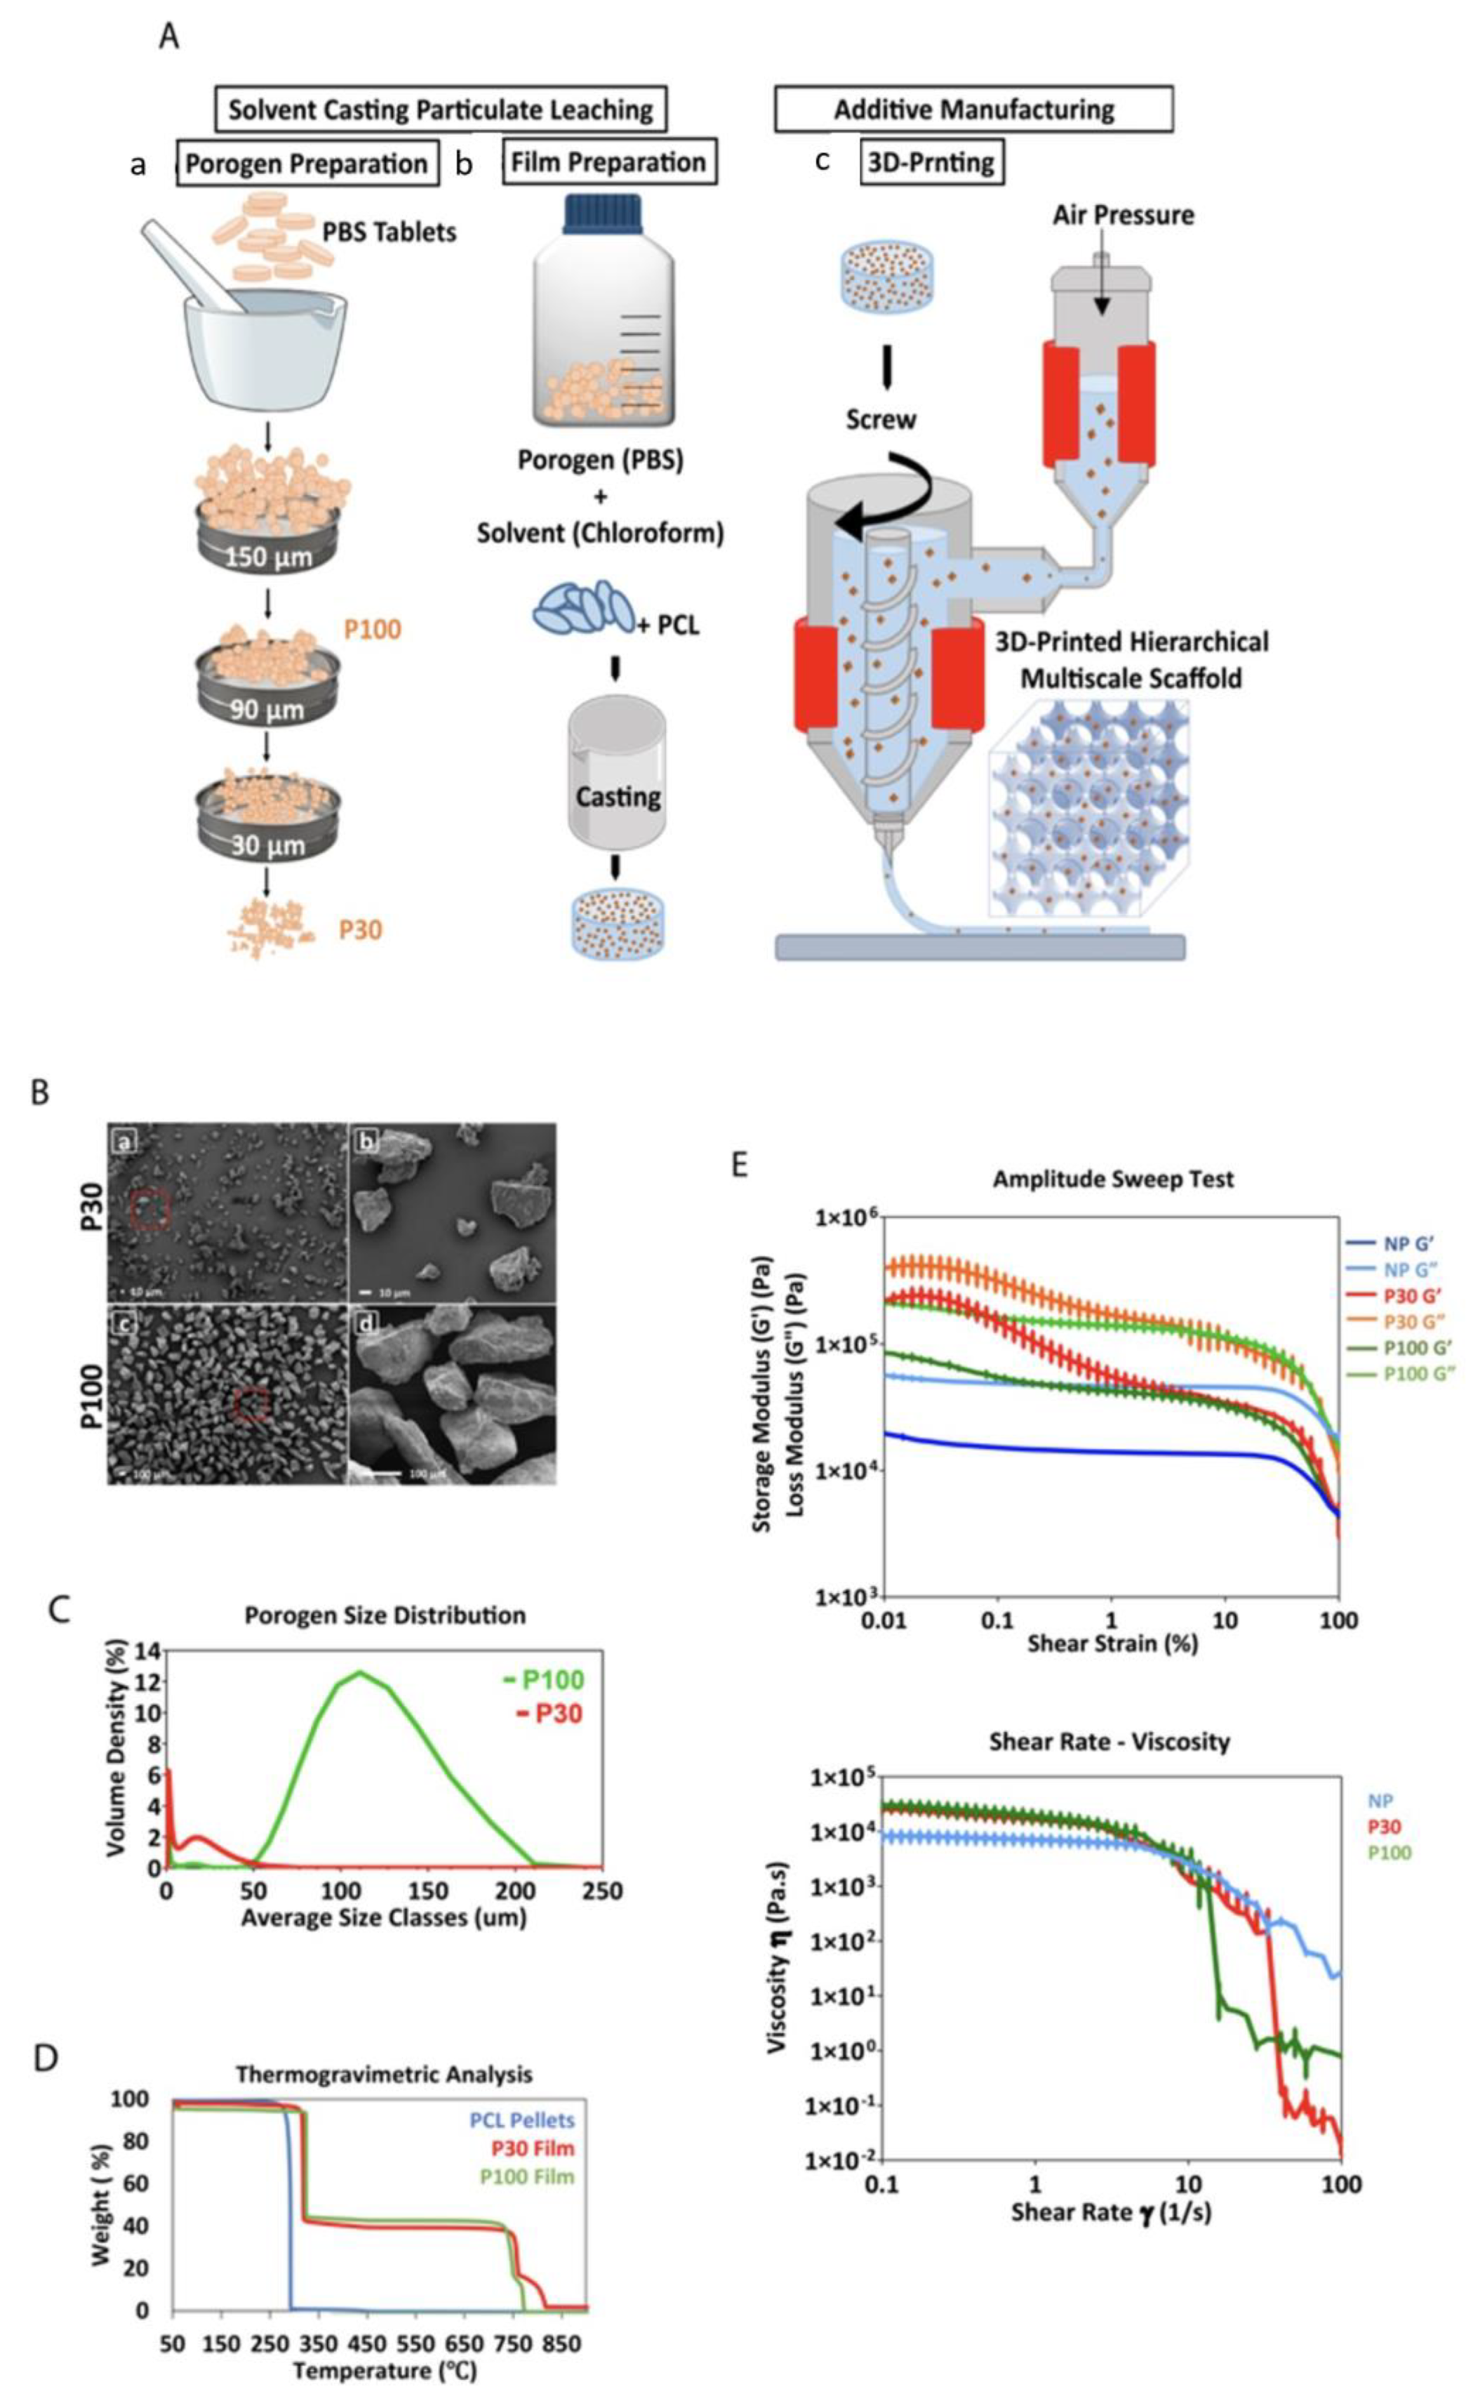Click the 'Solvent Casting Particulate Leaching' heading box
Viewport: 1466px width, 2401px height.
click(440, 108)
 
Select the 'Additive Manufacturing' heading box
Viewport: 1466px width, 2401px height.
click(973, 108)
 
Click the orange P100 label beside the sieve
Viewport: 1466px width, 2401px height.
click(372, 630)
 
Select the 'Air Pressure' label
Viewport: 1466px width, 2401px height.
click(1122, 214)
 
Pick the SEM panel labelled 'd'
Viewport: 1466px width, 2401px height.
click(452, 1394)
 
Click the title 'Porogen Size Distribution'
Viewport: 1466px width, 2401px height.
click(385, 1615)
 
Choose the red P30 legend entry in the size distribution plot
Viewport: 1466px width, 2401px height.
click(549, 1713)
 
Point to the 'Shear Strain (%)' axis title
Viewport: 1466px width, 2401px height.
click(1112, 1643)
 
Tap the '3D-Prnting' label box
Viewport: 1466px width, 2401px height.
click(931, 162)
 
